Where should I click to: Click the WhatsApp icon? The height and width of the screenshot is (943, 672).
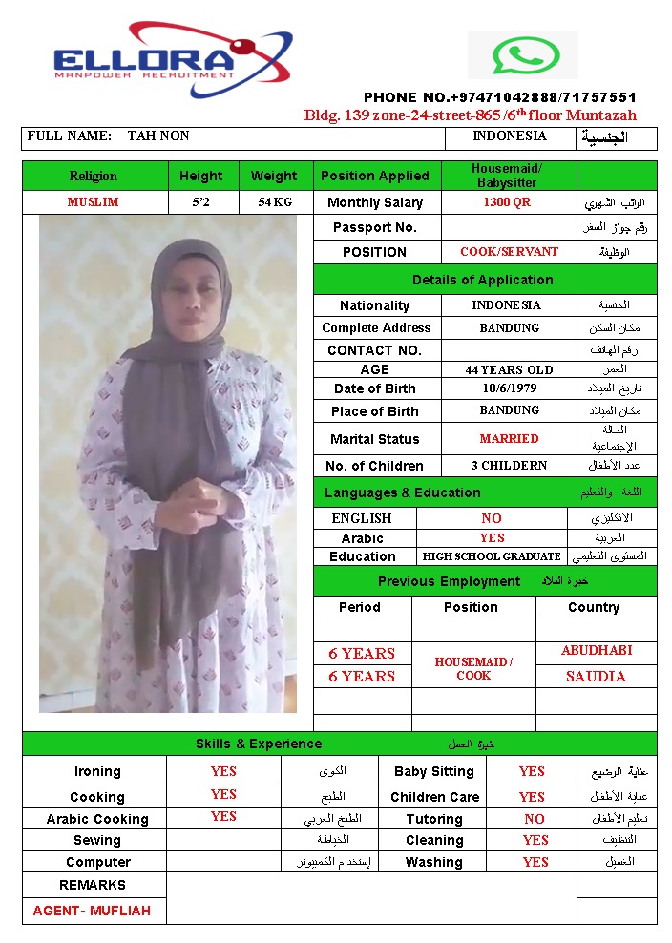512,55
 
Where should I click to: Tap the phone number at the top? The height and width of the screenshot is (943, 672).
499,97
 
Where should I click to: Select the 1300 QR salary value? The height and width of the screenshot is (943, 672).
507,202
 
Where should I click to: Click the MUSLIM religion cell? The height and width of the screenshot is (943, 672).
94,202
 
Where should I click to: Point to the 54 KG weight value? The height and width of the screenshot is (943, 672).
275,202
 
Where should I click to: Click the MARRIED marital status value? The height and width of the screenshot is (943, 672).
509,439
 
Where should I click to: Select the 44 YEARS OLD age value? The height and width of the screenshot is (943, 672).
509,369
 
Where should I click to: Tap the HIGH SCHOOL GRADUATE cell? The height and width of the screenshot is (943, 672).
492,556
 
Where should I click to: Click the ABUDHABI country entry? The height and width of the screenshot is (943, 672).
597,651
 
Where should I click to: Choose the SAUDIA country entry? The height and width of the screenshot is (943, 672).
596,677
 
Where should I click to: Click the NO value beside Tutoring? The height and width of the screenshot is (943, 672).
535,819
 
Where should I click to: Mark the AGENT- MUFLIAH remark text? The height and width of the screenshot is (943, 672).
92,911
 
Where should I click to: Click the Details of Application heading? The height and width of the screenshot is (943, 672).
483,280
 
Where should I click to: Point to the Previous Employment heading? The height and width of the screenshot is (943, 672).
450,581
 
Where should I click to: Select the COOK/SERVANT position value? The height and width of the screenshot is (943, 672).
509,252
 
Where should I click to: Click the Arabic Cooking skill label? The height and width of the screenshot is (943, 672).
97,819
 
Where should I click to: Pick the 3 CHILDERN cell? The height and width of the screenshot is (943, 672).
509,466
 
